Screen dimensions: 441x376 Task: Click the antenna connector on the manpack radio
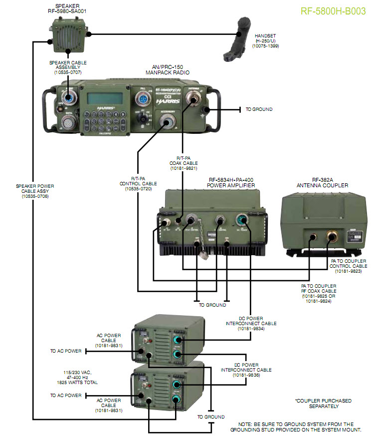point(191,102)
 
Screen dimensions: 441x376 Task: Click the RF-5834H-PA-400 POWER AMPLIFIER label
point(231,185)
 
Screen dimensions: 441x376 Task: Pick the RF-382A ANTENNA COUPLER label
point(322,185)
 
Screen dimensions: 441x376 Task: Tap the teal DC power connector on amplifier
point(242,220)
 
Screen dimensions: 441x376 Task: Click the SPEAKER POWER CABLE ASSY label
point(34,188)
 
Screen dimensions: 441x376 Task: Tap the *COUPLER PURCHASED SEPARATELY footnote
point(323,404)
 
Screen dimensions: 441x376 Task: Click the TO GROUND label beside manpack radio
point(259,109)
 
